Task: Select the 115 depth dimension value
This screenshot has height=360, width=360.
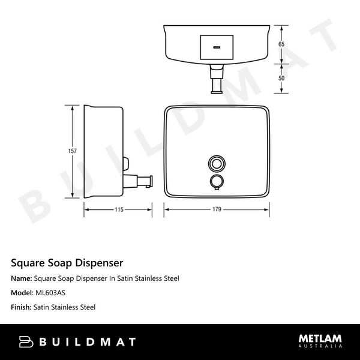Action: coord(118,209)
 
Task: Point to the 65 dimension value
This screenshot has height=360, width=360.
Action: coord(281,44)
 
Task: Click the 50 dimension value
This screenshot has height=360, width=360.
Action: coord(281,79)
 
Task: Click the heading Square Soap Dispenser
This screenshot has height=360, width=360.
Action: coord(67,263)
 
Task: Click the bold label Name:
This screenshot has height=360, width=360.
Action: coord(22,278)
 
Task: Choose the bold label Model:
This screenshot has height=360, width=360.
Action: coord(23,293)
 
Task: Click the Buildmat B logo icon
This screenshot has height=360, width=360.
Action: coord(26,341)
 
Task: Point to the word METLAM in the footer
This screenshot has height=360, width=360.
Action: coord(320,339)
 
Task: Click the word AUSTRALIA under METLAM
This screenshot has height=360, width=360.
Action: coord(320,347)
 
